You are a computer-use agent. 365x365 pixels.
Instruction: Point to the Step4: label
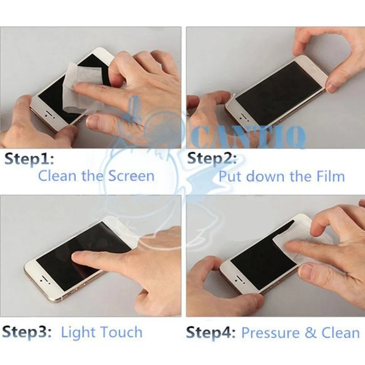coord(211,333)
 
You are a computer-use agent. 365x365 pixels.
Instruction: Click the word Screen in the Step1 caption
coord(131,176)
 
